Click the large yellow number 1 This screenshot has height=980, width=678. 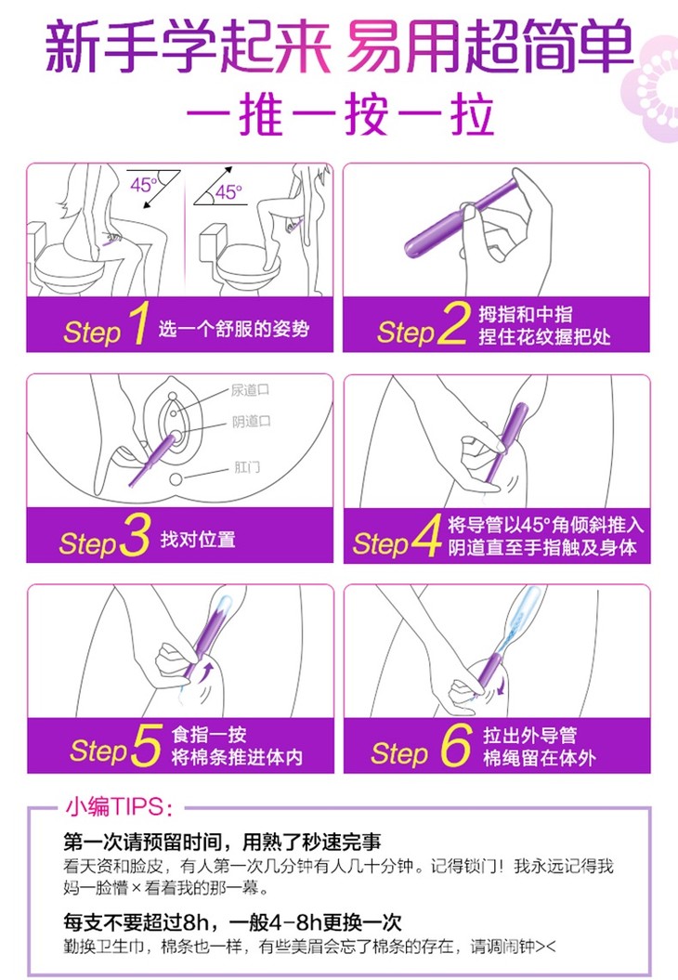(x=138, y=322)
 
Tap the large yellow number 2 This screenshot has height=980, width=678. (x=453, y=322)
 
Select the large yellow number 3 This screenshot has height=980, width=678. (x=135, y=535)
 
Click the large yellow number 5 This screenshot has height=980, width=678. (x=147, y=745)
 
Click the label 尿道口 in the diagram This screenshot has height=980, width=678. (x=250, y=391)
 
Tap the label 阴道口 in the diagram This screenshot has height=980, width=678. (x=251, y=422)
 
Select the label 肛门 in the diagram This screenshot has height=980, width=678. (x=247, y=467)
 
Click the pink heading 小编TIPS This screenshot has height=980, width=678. (x=116, y=807)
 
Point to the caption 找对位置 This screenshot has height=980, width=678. (x=198, y=539)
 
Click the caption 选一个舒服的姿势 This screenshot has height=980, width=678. (x=234, y=329)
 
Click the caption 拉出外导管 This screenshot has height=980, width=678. (x=530, y=735)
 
